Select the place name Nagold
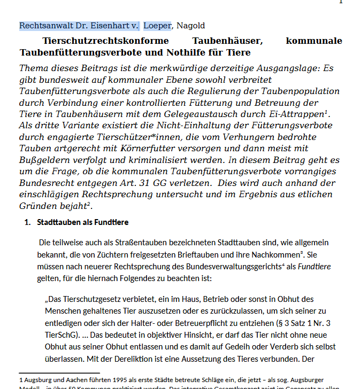[190, 26]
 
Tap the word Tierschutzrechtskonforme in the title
[105, 41]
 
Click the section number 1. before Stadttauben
[27, 222]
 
